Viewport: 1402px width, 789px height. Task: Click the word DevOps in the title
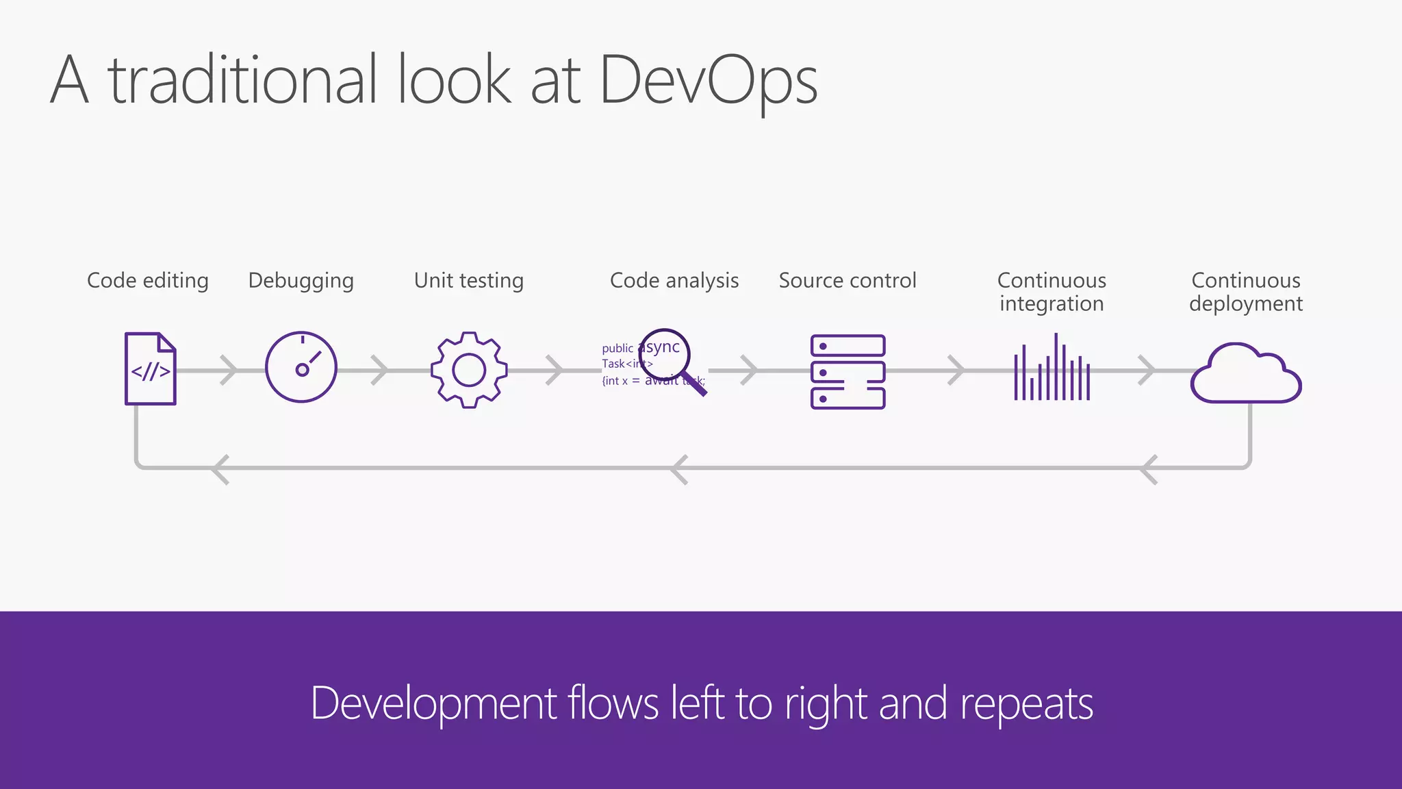[x=708, y=81]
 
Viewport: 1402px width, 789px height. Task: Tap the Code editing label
[x=148, y=281]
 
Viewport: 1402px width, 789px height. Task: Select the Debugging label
[x=301, y=281]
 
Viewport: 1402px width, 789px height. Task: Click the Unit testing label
[x=469, y=281]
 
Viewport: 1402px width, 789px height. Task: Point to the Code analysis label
[x=674, y=281]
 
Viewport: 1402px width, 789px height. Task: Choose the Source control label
[x=847, y=281]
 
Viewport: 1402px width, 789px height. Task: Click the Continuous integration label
[x=1051, y=292]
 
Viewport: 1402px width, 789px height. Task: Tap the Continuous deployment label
[x=1246, y=292]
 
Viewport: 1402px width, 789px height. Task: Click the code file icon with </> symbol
[x=151, y=369]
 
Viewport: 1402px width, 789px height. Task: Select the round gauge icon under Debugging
[x=301, y=367]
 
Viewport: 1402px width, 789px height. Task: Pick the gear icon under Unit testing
[x=469, y=370]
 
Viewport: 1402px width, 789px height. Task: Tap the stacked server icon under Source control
[x=847, y=372]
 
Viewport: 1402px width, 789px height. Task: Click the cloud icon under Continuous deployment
[x=1246, y=375]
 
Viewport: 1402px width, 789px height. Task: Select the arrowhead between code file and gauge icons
[x=229, y=371]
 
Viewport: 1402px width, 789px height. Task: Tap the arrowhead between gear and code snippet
[x=555, y=371]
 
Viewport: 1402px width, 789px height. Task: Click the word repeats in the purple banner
[x=1026, y=704]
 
